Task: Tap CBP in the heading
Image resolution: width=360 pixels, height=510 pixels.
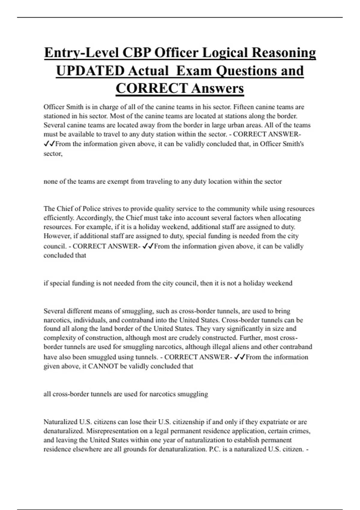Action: click(x=136, y=52)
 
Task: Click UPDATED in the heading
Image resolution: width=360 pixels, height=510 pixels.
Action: click(x=90, y=71)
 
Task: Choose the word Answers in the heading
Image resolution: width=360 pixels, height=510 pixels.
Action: click(x=217, y=88)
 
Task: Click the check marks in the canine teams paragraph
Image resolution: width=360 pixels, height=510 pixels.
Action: click(x=49, y=144)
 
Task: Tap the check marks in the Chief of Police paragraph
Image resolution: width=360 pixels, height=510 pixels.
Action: click(x=148, y=246)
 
